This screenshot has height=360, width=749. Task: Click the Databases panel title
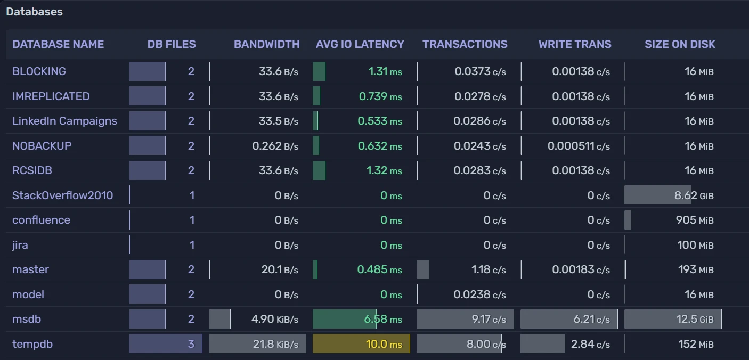[34, 12]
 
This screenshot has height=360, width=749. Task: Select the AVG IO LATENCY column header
[360, 44]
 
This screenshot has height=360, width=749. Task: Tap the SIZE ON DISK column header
[680, 44]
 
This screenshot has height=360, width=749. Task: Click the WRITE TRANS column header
[575, 44]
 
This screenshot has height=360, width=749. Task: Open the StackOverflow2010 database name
[62, 195]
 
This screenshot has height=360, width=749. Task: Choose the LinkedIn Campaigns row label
[64, 121]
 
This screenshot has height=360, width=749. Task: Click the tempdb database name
[32, 344]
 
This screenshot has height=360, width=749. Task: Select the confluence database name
[41, 220]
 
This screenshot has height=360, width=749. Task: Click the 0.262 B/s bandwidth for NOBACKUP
[275, 146]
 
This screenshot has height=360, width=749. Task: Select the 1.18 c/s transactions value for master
[489, 269]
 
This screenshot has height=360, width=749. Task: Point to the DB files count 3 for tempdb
[191, 344]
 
